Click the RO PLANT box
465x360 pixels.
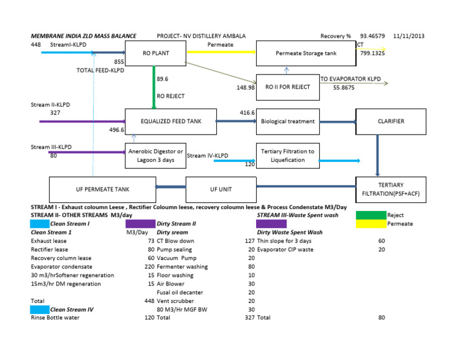click(x=156, y=53)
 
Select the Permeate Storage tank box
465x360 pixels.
click(x=306, y=53)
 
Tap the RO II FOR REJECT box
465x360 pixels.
click(x=288, y=87)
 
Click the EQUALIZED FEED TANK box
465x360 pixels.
click(x=170, y=121)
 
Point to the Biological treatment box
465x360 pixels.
click(x=288, y=121)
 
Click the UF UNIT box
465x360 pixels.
click(x=220, y=189)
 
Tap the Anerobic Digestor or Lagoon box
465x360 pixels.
click(x=155, y=155)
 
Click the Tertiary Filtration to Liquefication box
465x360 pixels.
click(x=288, y=155)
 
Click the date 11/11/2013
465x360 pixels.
click(x=409, y=36)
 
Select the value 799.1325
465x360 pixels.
click(x=373, y=53)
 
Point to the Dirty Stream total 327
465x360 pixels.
click(x=248, y=318)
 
